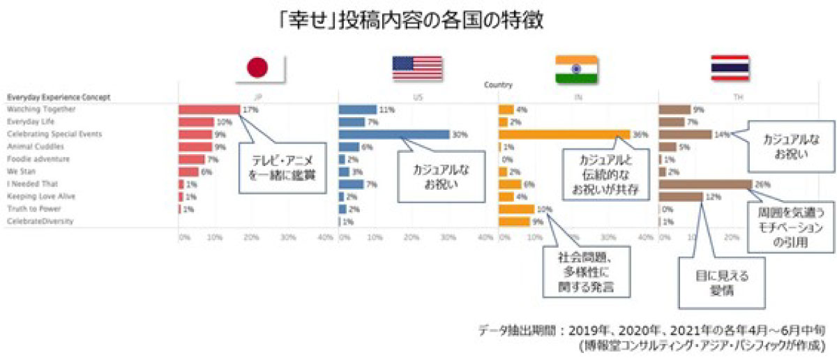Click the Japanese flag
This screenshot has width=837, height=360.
[257, 68]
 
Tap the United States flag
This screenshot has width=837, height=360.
[417, 68]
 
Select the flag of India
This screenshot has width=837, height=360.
[577, 68]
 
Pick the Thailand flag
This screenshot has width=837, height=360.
[730, 68]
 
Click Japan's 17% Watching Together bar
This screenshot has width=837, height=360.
[209, 110]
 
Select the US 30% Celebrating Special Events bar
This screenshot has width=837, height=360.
[393, 134]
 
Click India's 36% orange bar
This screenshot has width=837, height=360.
[564, 134]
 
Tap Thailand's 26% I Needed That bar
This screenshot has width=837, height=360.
[704, 184]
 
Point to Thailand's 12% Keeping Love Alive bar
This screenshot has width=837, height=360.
[680, 197]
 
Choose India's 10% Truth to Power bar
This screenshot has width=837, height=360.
[516, 209]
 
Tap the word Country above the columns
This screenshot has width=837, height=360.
[498, 85]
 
